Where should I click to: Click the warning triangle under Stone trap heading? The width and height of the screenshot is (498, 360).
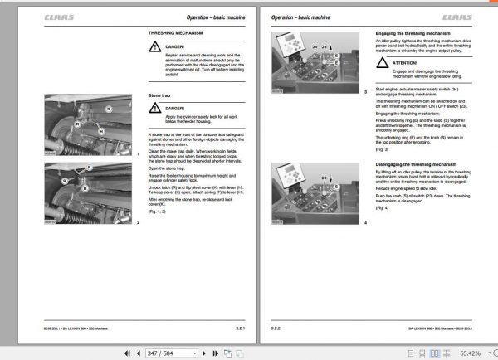pos(156,109)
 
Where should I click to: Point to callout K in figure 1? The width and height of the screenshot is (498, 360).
pos(109,109)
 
